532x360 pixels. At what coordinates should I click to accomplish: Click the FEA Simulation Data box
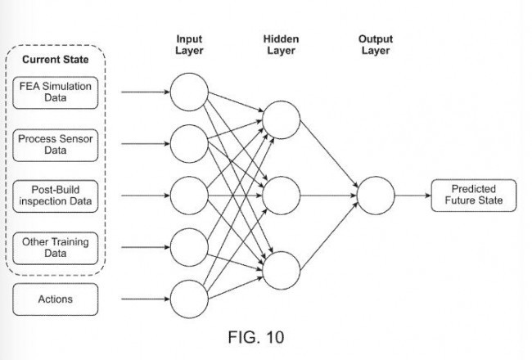click(x=56, y=92)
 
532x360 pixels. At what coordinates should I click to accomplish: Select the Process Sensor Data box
click(x=56, y=145)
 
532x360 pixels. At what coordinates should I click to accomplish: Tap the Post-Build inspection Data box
click(x=56, y=196)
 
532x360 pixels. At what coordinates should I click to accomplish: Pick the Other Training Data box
click(x=56, y=248)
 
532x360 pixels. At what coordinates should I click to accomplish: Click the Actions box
click(x=56, y=299)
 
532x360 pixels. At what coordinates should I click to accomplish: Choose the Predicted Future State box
click(x=474, y=195)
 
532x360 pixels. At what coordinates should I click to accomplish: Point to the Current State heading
click(x=56, y=60)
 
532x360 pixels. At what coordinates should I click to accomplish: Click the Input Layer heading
click(x=189, y=45)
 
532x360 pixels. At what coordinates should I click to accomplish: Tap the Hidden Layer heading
click(x=281, y=45)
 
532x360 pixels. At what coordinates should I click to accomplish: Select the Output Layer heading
click(x=376, y=45)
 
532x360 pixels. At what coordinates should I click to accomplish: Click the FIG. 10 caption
click(x=256, y=337)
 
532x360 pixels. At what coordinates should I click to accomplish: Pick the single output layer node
click(x=376, y=196)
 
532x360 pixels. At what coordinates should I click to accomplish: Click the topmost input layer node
click(x=189, y=92)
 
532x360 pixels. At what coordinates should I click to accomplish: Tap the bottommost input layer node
click(x=189, y=299)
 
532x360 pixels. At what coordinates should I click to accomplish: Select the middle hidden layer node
click(x=281, y=196)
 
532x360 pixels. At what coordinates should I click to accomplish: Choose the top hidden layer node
click(x=281, y=119)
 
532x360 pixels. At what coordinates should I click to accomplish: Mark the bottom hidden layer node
click(x=281, y=271)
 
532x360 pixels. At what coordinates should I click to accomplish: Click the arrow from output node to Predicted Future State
click(x=413, y=196)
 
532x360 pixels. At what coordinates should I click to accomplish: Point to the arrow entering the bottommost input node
click(x=146, y=299)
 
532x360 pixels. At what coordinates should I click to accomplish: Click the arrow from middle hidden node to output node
click(x=328, y=196)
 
